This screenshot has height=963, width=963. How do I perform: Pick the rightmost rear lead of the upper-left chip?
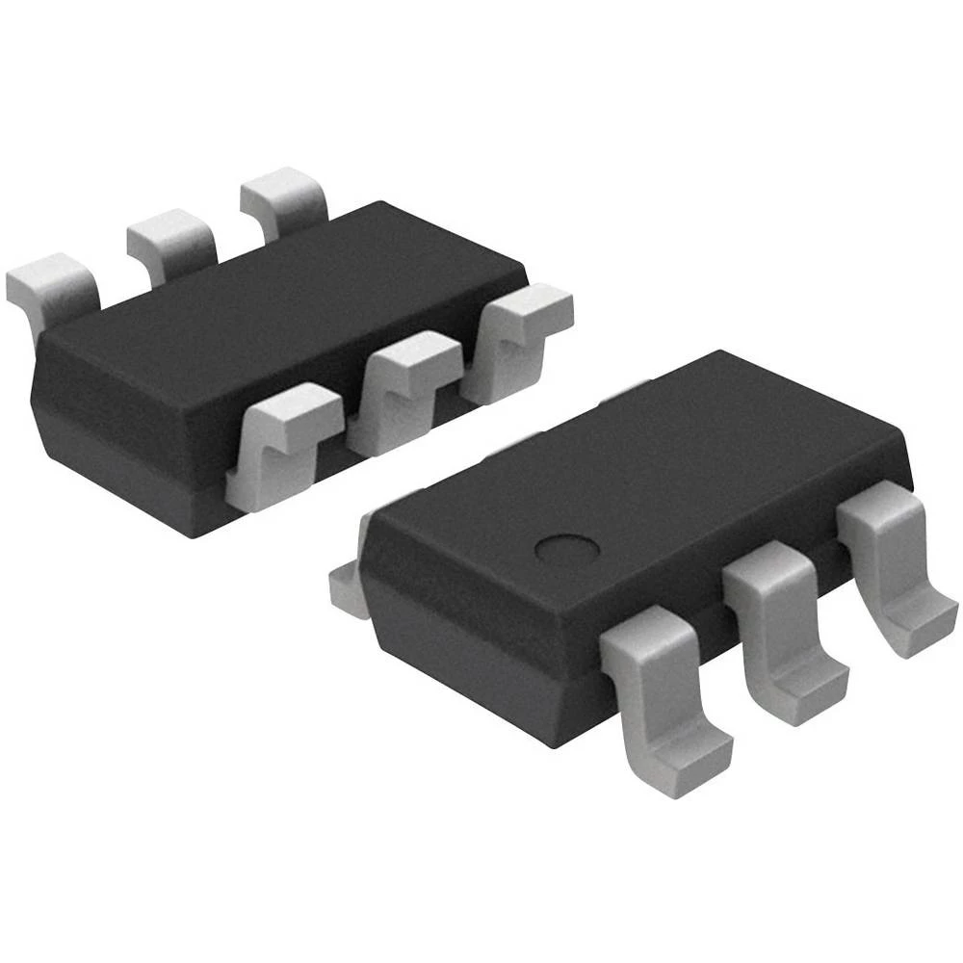coord(284,197)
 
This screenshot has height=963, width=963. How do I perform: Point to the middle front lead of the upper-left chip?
coord(404,385)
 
